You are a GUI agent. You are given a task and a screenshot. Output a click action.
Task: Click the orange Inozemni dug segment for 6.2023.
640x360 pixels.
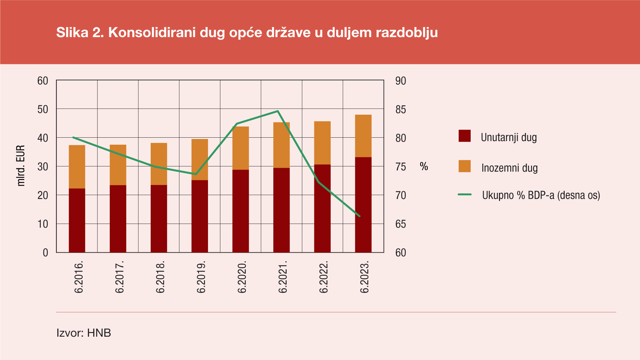click(363, 136)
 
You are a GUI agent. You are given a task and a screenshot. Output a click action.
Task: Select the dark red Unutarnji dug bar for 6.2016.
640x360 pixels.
click(77, 220)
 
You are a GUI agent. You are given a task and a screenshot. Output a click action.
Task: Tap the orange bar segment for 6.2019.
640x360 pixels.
click(200, 159)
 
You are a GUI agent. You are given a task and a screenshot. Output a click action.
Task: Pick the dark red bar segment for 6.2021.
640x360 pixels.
click(281, 210)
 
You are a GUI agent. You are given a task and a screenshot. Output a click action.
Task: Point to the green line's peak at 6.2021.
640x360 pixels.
click(278, 111)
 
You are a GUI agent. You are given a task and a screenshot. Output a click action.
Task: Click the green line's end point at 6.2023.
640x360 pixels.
click(360, 216)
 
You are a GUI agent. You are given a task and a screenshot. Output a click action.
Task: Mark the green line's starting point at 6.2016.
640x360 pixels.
click(73, 137)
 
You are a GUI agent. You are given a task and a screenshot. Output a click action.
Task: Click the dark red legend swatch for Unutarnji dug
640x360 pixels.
click(464, 136)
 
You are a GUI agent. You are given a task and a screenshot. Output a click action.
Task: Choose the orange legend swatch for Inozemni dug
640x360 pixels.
click(464, 166)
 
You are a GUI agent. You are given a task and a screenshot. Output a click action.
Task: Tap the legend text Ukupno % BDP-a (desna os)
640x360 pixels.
click(541, 195)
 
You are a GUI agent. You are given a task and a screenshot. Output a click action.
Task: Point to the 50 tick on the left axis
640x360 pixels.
click(43, 109)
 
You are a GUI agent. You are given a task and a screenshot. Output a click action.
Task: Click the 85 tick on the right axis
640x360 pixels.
click(401, 109)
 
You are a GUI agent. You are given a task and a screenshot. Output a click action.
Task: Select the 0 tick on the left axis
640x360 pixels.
click(46, 253)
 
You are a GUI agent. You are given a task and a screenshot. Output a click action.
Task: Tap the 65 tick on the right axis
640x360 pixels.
click(401, 224)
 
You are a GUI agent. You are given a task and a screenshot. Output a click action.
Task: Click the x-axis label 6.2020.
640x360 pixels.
click(242, 277)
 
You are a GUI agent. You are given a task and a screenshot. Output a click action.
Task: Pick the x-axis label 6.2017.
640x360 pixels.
click(119, 277)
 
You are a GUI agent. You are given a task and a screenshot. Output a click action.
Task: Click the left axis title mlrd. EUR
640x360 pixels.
click(21, 166)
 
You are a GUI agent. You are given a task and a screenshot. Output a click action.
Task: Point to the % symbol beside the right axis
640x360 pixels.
click(424, 166)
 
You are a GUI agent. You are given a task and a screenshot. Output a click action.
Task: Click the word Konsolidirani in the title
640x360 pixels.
click(152, 33)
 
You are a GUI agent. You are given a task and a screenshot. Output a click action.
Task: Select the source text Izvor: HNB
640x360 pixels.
click(84, 333)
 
